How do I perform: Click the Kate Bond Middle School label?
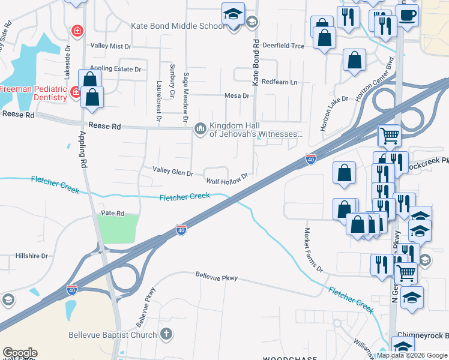coord(178,26)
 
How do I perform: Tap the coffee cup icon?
coord(408,16)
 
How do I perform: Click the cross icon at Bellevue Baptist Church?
coord(166,334)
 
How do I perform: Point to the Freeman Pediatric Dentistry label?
coord(33,92)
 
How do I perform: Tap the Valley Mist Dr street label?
coord(110,46)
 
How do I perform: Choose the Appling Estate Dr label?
coord(115,69)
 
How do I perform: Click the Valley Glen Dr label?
coord(172,173)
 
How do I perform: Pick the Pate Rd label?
coord(112,213)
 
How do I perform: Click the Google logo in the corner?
coord(20,352)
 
